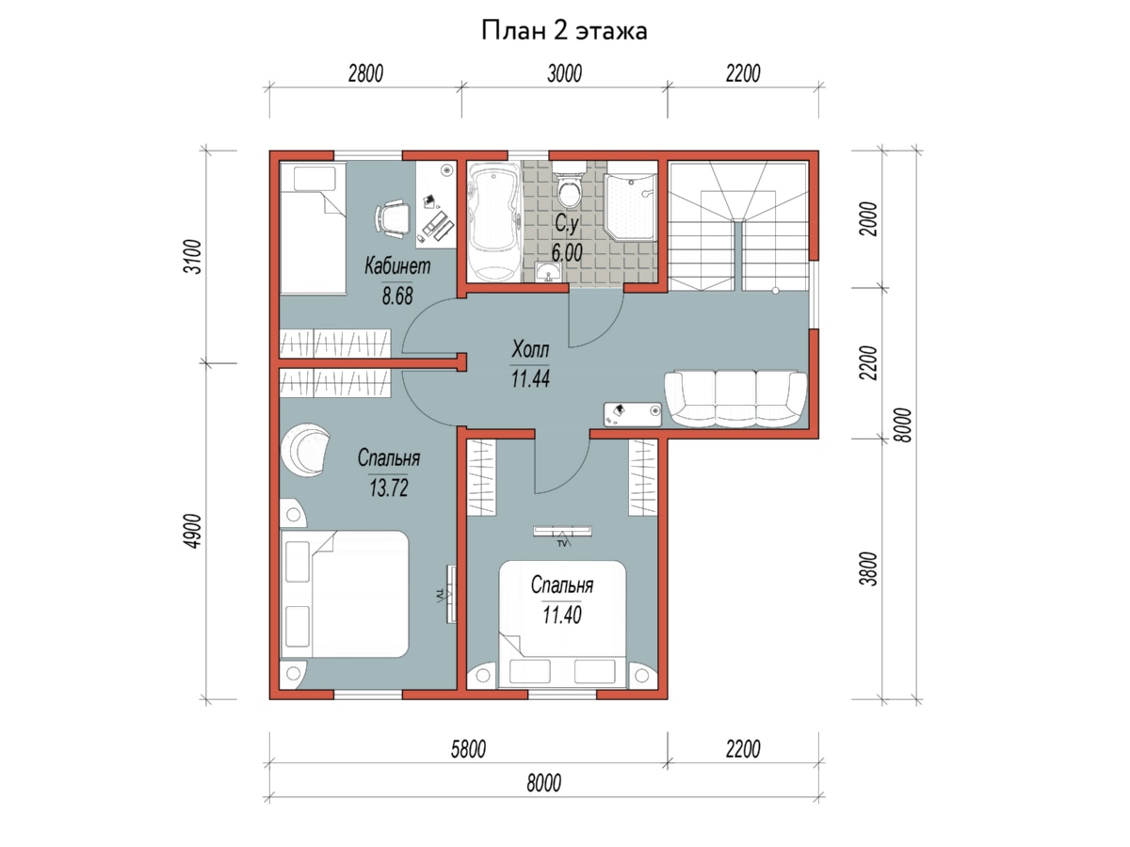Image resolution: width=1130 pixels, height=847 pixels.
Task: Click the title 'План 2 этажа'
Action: [x=564, y=31]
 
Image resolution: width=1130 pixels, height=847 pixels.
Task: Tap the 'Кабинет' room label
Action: [x=397, y=266]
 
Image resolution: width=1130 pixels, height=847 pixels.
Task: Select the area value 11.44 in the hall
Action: [x=530, y=378]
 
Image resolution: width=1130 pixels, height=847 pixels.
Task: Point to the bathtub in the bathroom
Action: [x=494, y=221]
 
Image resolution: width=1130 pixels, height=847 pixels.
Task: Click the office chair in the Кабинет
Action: [x=393, y=218]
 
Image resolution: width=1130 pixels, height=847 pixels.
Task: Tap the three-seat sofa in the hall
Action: [x=735, y=399]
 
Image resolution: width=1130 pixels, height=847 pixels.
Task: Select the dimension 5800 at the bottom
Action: [x=468, y=750]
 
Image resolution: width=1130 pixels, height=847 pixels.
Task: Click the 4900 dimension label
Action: [x=193, y=531]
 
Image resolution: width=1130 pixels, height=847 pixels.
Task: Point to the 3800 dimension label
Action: [x=869, y=568]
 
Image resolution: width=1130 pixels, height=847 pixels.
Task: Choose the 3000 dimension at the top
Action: [x=564, y=73]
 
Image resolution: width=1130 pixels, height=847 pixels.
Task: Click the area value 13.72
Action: [x=389, y=487]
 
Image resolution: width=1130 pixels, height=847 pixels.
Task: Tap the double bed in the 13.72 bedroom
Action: [x=344, y=594]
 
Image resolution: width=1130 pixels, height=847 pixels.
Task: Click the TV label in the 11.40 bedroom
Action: [x=561, y=543]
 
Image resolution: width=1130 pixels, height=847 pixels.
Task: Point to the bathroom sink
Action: [x=548, y=271]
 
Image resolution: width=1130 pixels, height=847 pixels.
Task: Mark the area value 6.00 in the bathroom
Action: [x=567, y=252]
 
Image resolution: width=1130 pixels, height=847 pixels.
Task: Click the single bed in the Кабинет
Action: [x=313, y=228]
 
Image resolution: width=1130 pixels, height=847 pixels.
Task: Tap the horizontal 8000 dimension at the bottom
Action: [x=543, y=783]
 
